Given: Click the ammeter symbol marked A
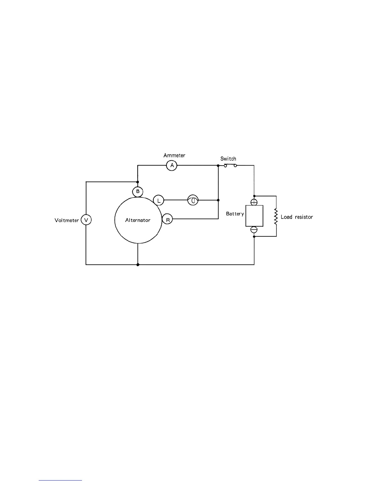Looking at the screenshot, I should (x=172, y=165).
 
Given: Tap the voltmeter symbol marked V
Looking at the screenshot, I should (x=86, y=220).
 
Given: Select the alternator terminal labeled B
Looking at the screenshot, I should (x=138, y=191).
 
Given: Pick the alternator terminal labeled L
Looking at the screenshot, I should (x=158, y=200).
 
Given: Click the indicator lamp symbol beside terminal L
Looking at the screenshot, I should (x=193, y=200).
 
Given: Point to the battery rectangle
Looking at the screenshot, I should (x=254, y=216).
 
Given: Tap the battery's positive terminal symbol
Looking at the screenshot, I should (x=254, y=202).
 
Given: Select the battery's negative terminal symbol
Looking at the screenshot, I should (x=254, y=230).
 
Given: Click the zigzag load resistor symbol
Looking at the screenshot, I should (x=276, y=216).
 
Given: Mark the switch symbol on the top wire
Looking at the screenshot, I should (x=230, y=165).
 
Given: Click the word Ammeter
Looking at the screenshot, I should (x=174, y=156).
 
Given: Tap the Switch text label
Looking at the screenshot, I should (x=228, y=159).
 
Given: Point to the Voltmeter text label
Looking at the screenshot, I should (x=67, y=220).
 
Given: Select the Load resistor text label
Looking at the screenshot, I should (x=297, y=217).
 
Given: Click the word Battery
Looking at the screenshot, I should (x=235, y=214).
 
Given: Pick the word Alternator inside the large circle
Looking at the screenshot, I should (x=138, y=220).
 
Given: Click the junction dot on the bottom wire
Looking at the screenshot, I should (x=138, y=265).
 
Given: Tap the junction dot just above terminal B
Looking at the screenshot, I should (x=138, y=182).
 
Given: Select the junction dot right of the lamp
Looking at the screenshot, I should (x=218, y=200).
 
